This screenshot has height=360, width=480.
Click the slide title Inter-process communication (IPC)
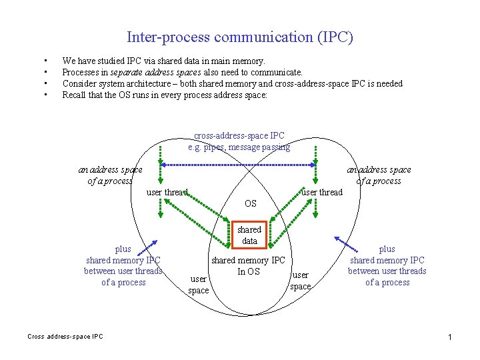click(x=239, y=37)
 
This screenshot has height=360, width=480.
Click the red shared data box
click(x=249, y=235)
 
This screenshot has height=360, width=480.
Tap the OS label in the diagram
click(x=251, y=203)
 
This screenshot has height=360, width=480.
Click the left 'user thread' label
click(x=167, y=193)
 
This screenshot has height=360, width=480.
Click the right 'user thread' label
click(x=321, y=192)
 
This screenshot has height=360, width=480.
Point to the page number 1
click(x=451, y=339)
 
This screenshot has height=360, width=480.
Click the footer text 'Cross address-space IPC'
click(x=65, y=337)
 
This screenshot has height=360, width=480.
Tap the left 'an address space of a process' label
click(x=110, y=175)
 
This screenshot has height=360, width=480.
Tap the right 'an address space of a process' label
click(x=379, y=175)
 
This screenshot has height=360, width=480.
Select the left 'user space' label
click(x=199, y=285)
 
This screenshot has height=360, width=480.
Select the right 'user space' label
click(x=301, y=281)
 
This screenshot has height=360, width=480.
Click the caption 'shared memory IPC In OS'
click(x=248, y=265)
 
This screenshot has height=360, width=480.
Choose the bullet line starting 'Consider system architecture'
click(x=232, y=83)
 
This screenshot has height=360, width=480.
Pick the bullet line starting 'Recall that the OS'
click(x=164, y=95)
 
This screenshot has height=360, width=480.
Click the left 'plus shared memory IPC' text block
click(x=123, y=265)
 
